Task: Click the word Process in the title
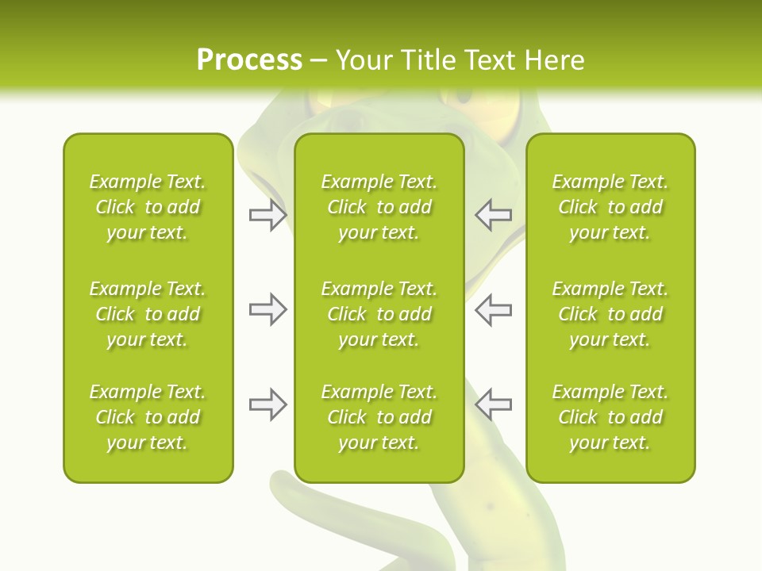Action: coord(249,60)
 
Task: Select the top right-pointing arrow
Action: coord(267,215)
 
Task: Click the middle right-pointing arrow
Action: coord(267,309)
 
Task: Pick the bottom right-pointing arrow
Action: coord(267,404)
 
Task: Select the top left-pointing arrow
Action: coord(493,215)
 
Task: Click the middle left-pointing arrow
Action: coord(493,309)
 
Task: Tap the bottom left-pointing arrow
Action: coord(493,404)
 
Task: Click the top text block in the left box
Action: coord(148,207)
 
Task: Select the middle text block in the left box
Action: coord(148,314)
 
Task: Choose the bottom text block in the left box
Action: coord(148,417)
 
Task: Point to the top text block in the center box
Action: coord(379,207)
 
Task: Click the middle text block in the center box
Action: coord(379,314)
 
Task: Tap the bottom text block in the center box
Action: coord(379,417)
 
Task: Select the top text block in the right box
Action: coord(610,207)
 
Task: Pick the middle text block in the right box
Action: coord(610,314)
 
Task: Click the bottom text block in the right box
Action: coord(610,417)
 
